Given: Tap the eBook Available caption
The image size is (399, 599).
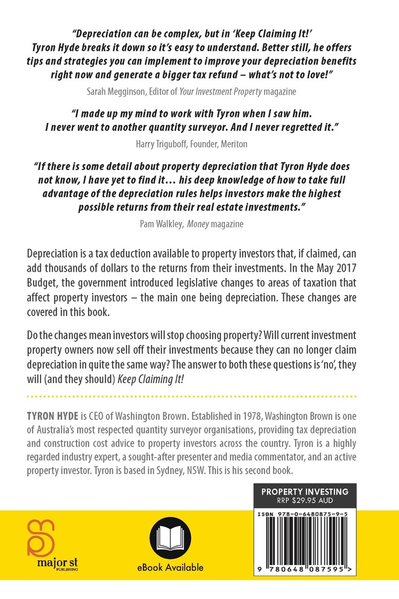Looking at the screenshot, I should [x=170, y=567].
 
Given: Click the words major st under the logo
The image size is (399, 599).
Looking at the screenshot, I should [x=42, y=570].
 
